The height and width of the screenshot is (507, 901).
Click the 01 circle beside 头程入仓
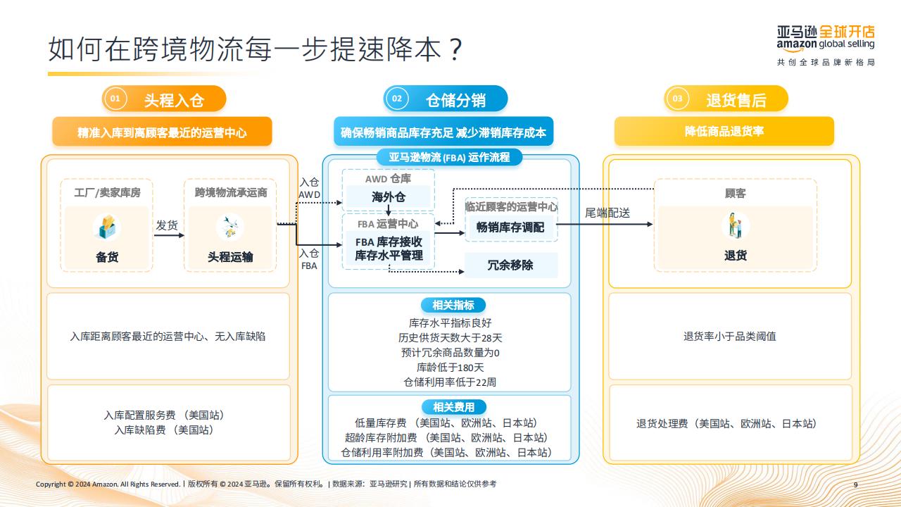[x=115, y=99]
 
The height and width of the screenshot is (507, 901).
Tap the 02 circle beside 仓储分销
[x=396, y=99]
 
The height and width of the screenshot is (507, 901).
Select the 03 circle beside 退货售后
[x=677, y=99]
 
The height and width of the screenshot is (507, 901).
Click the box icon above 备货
[x=106, y=227]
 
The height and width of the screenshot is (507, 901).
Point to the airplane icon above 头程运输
[x=230, y=227]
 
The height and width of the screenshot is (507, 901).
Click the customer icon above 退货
[x=736, y=225]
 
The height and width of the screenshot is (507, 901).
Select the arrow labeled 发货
[x=169, y=235]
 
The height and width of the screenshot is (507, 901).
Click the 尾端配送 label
[x=607, y=213]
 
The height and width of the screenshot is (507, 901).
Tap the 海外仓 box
[x=388, y=196]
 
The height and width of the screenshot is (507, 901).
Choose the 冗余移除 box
[x=511, y=265]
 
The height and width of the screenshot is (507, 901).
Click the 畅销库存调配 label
[x=510, y=227]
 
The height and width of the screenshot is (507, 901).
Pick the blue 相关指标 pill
[x=453, y=305]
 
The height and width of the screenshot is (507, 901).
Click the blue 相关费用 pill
[x=454, y=407]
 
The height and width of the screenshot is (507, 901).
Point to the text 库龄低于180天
[x=450, y=368]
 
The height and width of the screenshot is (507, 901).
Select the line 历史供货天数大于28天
[x=450, y=337]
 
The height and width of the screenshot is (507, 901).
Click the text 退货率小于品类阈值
[x=730, y=337]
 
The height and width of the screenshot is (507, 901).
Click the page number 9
[x=855, y=484]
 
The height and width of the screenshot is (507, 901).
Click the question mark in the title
[x=455, y=49]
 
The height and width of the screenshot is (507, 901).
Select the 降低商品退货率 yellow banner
[x=724, y=131]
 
